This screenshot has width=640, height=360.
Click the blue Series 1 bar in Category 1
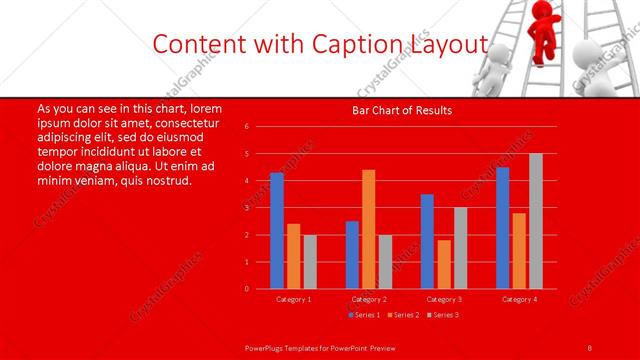point(276,231)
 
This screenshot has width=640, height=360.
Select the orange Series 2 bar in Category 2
point(368,229)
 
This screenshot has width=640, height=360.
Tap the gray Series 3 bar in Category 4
point(535,221)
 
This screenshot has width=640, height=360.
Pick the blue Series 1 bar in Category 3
point(427,241)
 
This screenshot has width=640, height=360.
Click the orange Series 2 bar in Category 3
point(444,264)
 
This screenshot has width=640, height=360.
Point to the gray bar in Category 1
point(310,261)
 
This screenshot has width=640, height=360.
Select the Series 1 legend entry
point(363,314)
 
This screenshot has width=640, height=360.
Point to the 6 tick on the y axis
point(247,127)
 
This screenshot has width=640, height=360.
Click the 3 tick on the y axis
point(247,208)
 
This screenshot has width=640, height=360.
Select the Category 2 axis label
point(369,298)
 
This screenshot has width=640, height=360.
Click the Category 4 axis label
point(519,298)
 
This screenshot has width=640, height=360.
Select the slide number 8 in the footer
point(590,346)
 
